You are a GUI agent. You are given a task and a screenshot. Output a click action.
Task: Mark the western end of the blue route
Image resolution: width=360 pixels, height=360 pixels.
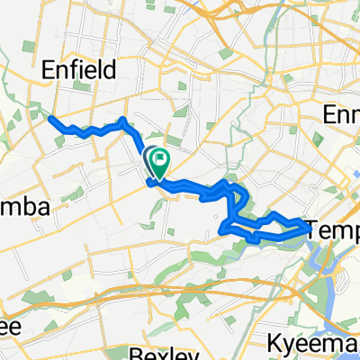(x=49, y=118)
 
